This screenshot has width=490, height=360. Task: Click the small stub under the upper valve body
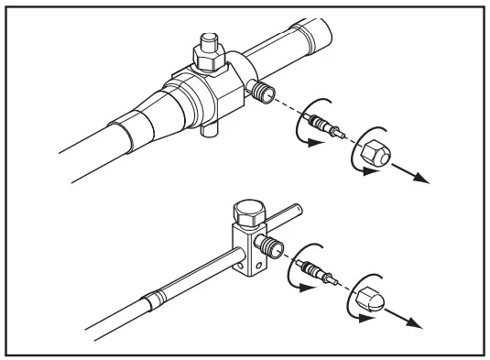(206, 134)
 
